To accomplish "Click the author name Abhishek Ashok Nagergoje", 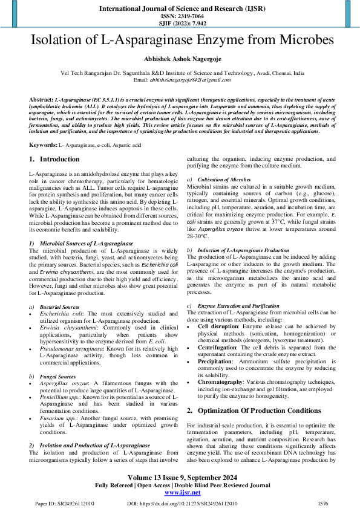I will click(x=180, y=59).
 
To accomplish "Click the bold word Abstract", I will click(x=41, y=97).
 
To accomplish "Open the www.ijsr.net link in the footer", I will click(x=180, y=493).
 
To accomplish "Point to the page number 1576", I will click(x=323, y=503).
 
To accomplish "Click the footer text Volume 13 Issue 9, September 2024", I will click(x=180, y=477).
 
